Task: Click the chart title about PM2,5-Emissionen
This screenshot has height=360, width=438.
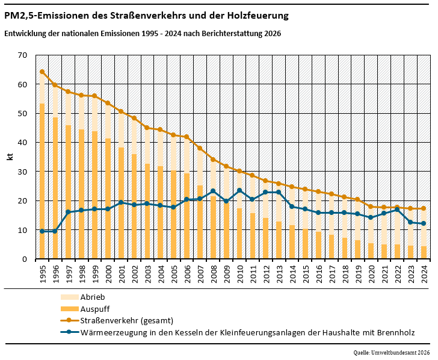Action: click(146, 14)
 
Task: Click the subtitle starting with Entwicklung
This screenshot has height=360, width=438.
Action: click(142, 34)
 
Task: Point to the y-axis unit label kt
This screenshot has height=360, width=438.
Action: click(10, 157)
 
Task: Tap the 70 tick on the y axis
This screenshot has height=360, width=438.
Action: click(23, 55)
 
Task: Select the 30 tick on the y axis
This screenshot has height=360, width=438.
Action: click(23, 172)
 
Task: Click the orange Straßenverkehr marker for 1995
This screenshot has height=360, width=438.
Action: click(42, 72)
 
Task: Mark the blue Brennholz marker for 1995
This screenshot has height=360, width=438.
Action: click(42, 231)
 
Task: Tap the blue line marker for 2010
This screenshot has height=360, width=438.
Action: click(239, 191)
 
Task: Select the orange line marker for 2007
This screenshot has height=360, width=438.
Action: click(200, 148)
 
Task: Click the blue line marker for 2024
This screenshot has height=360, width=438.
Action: click(424, 223)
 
